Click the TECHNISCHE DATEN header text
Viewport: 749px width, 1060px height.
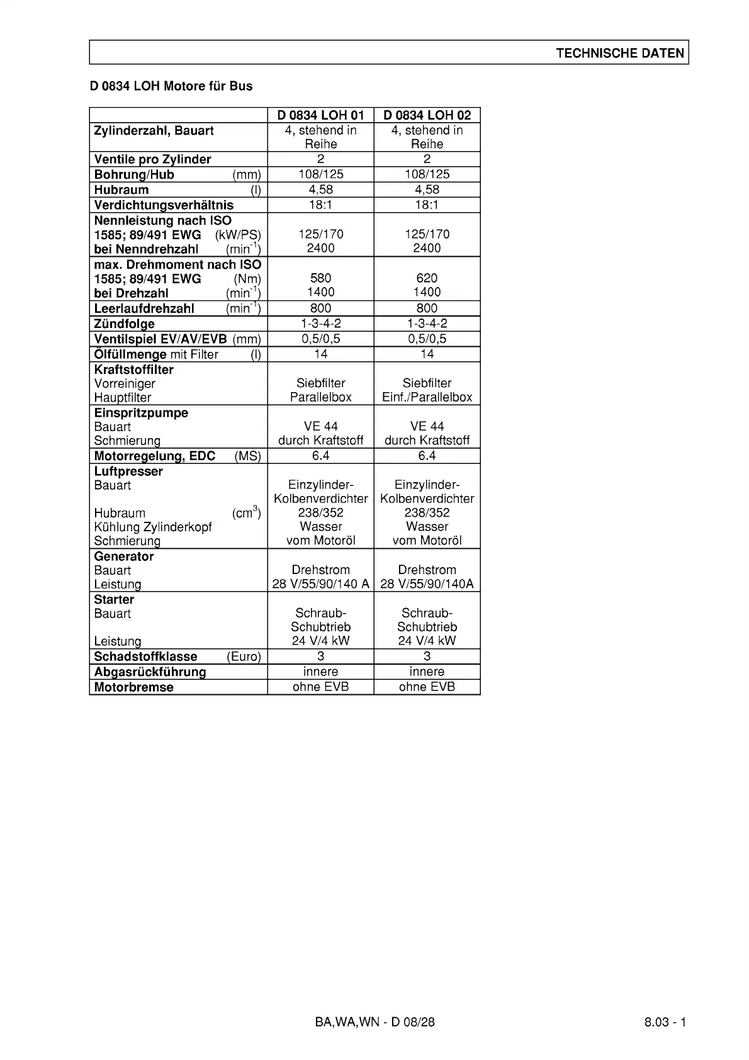click(x=619, y=53)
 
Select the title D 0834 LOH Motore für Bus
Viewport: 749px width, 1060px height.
click(x=171, y=86)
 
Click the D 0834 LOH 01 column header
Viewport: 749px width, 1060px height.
click(x=320, y=115)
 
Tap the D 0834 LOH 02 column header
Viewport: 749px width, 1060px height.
click(x=427, y=115)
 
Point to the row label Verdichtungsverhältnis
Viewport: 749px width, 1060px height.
click(x=164, y=205)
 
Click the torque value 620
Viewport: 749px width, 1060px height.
click(x=427, y=278)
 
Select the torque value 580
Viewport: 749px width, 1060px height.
click(x=320, y=278)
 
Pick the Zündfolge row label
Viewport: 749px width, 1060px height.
click(x=125, y=324)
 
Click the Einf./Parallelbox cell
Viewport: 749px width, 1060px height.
click(x=427, y=397)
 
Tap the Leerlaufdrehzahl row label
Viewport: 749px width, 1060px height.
click(x=144, y=308)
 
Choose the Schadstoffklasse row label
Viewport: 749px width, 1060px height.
click(x=145, y=657)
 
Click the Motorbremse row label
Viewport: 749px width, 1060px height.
click(x=133, y=687)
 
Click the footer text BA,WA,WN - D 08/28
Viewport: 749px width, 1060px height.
click(x=374, y=1022)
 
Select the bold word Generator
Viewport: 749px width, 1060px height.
click(x=124, y=556)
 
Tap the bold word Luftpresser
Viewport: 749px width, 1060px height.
click(x=128, y=471)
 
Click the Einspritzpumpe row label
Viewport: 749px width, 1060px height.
click(x=141, y=413)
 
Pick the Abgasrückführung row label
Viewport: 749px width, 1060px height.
click(x=150, y=672)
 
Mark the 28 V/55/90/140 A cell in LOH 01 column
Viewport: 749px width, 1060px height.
click(x=320, y=584)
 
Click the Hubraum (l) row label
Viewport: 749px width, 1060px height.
click(x=121, y=190)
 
